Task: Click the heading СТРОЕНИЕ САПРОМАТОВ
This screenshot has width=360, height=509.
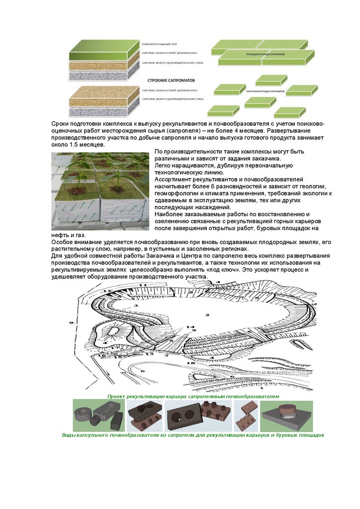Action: point(170,80)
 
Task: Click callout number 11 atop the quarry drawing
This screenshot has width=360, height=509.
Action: point(143,285)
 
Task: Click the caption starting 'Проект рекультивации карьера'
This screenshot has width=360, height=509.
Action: point(193,396)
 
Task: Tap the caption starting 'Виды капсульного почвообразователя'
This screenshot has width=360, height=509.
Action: point(193,435)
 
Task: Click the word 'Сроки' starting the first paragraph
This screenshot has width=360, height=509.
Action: point(61,123)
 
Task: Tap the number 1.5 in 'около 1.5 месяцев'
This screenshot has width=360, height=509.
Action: point(75,144)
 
